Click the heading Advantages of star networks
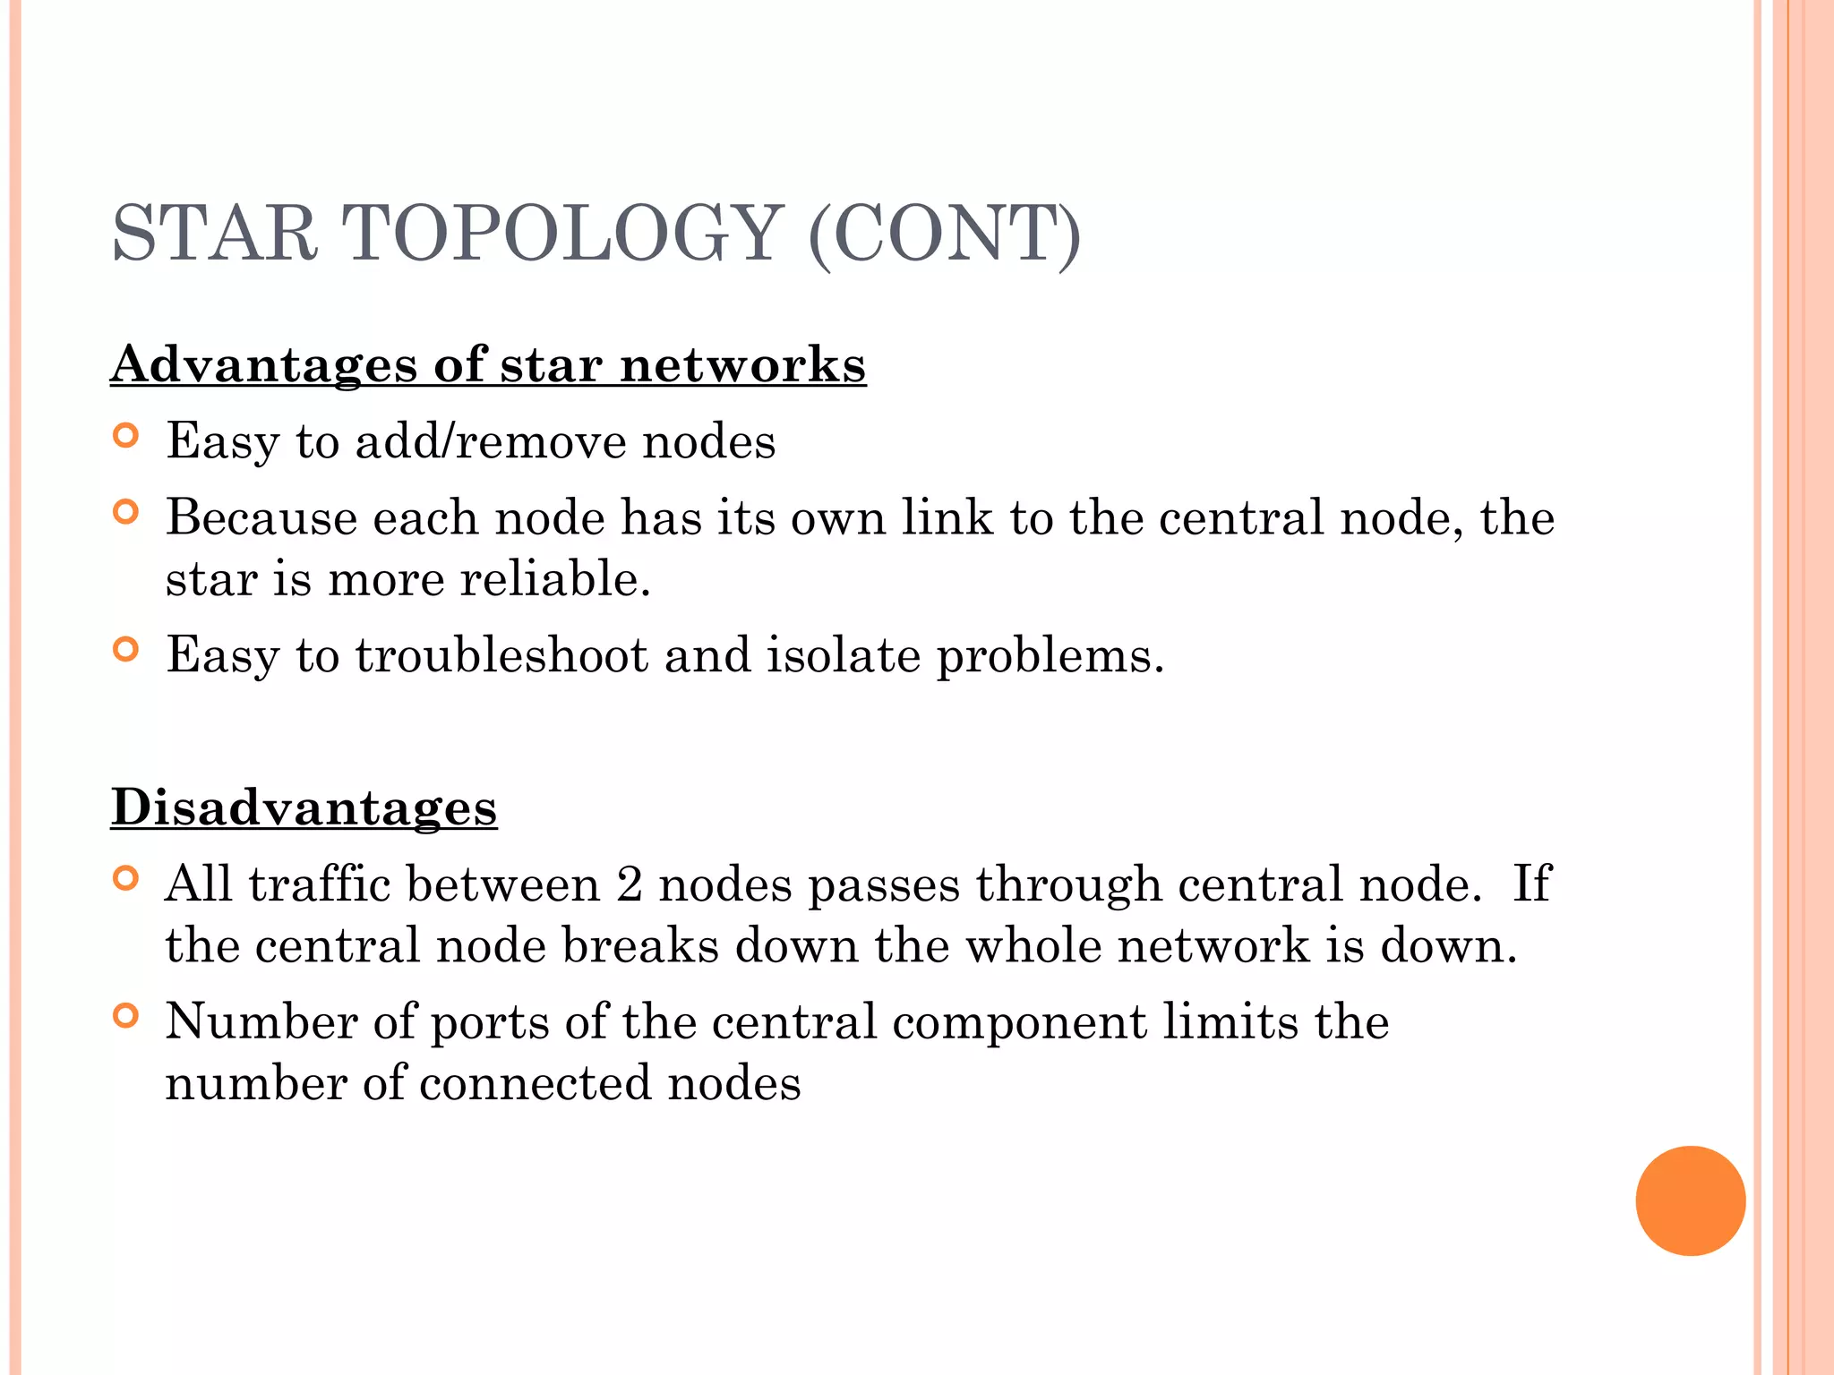[x=488, y=365]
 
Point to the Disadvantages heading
[x=304, y=807]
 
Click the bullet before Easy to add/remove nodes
[x=126, y=436]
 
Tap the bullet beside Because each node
[x=126, y=513]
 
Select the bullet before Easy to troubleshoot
[x=126, y=650]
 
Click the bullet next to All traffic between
[x=126, y=879]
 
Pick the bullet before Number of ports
[x=126, y=1017]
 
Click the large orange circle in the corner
[x=1690, y=1200]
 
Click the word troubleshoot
[x=501, y=656]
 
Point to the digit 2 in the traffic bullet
[x=630, y=884]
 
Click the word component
[x=1019, y=1023]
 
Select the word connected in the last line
[x=536, y=1084]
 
